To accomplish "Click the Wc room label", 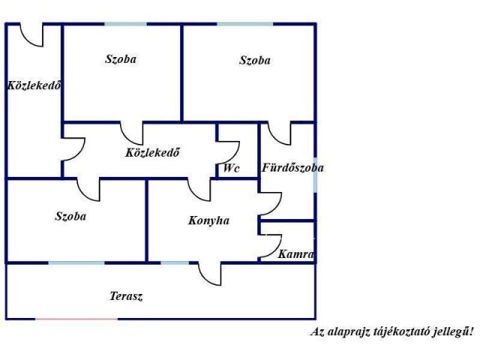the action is point(231,168).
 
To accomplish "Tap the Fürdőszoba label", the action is point(292,168).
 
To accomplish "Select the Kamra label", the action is point(295,254).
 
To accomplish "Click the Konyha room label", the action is point(208,220).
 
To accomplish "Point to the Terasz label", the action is point(126,296).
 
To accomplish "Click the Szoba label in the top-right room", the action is point(255,60).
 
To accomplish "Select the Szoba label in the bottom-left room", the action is point(70,217).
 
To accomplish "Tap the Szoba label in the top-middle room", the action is point(121,59).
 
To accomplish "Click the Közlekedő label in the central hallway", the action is point(152,152).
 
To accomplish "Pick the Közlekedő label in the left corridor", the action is point(34,85).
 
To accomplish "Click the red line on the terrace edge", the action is point(76,319).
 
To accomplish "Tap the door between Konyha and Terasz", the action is point(210,274).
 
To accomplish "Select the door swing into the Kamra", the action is point(270,246).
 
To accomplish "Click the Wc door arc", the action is point(228,152).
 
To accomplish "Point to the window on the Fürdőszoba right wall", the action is point(315,175).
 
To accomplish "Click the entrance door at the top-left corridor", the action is point(31,35).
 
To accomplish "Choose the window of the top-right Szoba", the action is point(245,24).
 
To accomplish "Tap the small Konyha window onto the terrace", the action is point(175,263).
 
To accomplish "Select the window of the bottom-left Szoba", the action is point(76,263).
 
